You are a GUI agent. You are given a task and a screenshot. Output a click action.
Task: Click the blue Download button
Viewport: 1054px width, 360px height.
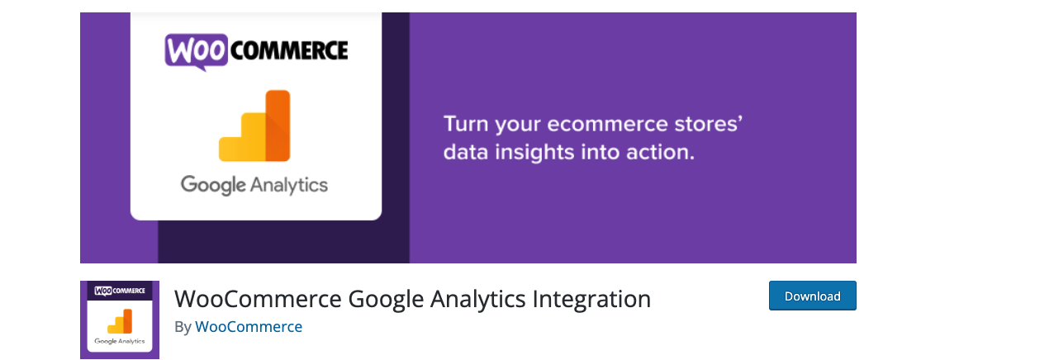[812, 296]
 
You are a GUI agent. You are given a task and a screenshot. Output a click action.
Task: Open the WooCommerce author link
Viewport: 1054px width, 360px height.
[249, 327]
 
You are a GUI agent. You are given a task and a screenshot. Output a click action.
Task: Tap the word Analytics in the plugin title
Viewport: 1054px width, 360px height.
[477, 299]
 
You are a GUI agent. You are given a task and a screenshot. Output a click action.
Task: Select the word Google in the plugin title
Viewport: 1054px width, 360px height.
[386, 299]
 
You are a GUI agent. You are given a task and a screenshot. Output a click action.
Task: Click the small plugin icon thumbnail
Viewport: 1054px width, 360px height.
[120, 320]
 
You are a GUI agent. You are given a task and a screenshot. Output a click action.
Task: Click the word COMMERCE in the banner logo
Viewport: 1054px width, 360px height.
[289, 51]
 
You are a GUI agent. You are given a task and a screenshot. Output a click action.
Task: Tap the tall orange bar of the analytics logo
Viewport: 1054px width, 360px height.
[278, 126]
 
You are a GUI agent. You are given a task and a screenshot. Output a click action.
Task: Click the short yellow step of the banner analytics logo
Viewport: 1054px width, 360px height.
[230, 149]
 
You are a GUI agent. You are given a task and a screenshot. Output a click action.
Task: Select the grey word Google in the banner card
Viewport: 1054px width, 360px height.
[213, 185]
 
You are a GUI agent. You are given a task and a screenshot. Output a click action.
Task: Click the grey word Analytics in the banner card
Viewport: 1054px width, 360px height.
[289, 185]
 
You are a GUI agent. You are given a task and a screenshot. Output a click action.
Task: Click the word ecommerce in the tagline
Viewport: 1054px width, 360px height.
[607, 124]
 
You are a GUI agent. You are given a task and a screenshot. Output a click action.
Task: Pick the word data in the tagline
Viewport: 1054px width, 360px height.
[466, 152]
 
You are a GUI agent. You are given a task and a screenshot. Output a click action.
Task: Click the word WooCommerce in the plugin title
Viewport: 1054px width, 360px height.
[258, 299]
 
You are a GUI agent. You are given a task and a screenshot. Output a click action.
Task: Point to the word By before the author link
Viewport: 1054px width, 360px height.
[183, 327]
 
